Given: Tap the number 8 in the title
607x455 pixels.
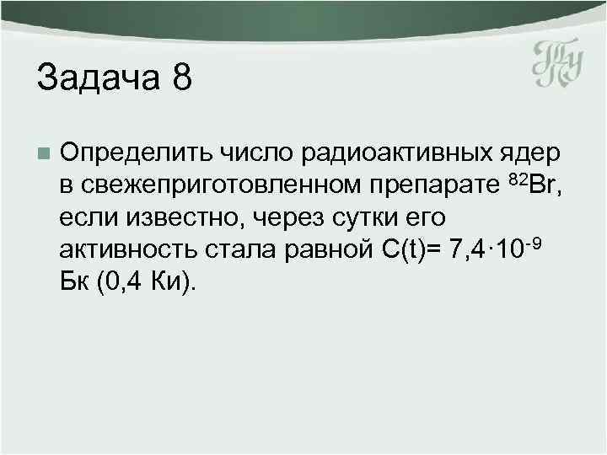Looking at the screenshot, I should pos(181,80).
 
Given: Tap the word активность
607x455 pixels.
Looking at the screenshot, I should pos(127,252).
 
